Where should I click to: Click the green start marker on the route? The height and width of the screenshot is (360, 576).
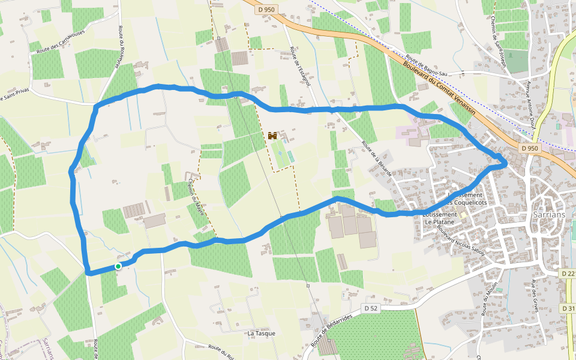click(118, 266)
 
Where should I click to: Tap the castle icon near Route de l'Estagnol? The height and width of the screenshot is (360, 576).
click(273, 136)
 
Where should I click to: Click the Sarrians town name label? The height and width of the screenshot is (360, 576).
click(549, 214)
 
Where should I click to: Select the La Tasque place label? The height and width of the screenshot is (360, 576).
click(261, 333)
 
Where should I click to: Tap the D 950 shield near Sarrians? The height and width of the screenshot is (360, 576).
click(530, 148)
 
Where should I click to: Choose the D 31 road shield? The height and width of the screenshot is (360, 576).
click(568, 308)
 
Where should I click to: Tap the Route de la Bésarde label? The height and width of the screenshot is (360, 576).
click(377, 158)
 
